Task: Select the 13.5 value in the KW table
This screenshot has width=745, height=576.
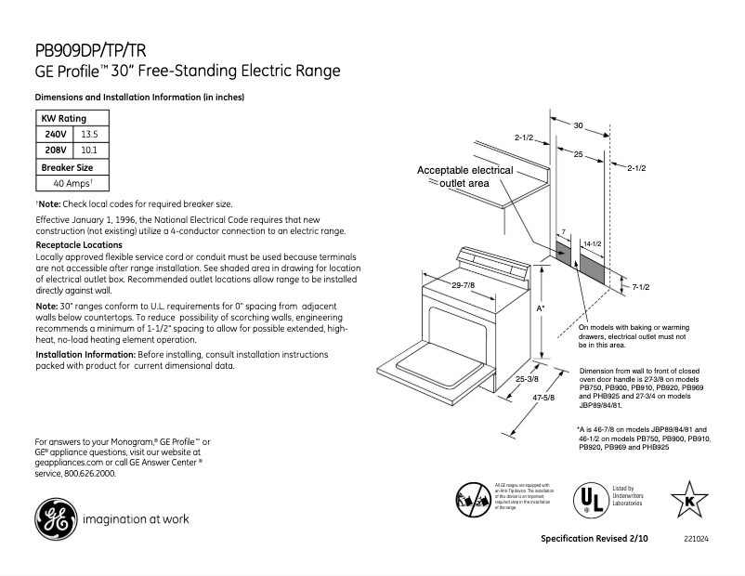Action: [89, 135]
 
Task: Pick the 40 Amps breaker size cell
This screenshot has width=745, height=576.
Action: [72, 184]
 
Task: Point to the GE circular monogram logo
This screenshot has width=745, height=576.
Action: [55, 519]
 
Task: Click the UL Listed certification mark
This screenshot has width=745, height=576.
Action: [586, 500]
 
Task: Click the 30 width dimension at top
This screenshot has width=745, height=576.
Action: [577, 124]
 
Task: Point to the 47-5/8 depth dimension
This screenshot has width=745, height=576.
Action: [542, 398]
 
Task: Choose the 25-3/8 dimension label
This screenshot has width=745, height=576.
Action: [527, 379]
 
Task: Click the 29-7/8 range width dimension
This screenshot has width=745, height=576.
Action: [463, 284]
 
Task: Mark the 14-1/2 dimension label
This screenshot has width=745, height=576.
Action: [592, 243]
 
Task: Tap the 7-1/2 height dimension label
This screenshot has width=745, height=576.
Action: [639, 287]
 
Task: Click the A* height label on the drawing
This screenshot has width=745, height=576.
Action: [541, 307]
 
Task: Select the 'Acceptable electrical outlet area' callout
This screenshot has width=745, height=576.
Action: [464, 177]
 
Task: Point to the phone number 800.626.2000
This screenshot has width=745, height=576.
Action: [90, 473]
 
